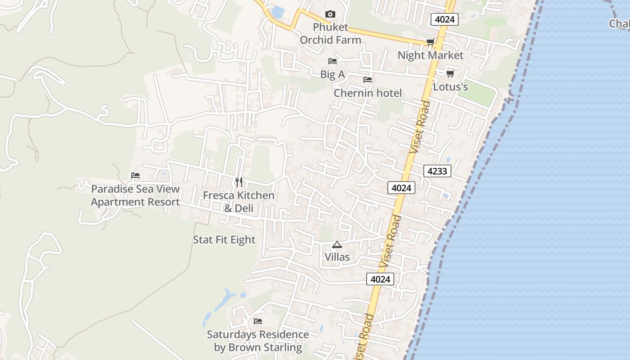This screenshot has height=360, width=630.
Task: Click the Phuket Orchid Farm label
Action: click(330, 33)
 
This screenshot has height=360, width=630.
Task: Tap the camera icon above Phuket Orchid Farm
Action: click(330, 14)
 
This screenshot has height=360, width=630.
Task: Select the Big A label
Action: click(333, 74)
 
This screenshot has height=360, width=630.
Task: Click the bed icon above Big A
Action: click(333, 61)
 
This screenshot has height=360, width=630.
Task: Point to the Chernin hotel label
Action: click(368, 93)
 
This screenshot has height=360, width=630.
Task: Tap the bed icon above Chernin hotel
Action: click(368, 80)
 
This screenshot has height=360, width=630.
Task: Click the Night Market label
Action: click(430, 55)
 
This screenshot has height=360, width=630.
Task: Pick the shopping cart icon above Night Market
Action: click(430, 42)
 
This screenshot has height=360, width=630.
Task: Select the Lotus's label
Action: click(450, 86)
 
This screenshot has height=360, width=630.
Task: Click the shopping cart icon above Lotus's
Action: click(450, 73)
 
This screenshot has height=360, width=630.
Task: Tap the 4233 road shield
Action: click(437, 171)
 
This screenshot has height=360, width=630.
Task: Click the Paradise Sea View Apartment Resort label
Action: click(135, 195)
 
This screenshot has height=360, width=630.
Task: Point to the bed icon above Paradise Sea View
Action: click(135, 175)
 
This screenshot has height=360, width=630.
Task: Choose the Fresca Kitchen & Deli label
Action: click(238, 202)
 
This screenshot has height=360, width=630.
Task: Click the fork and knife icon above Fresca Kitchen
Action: click(239, 182)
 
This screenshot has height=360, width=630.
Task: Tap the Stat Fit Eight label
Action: click(224, 240)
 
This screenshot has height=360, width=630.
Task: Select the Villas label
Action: click(337, 257)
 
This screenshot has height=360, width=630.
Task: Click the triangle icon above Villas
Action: click(337, 245)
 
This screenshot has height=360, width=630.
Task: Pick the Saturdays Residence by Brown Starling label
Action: click(258, 341)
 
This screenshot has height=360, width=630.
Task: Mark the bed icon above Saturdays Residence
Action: click(258, 321)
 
